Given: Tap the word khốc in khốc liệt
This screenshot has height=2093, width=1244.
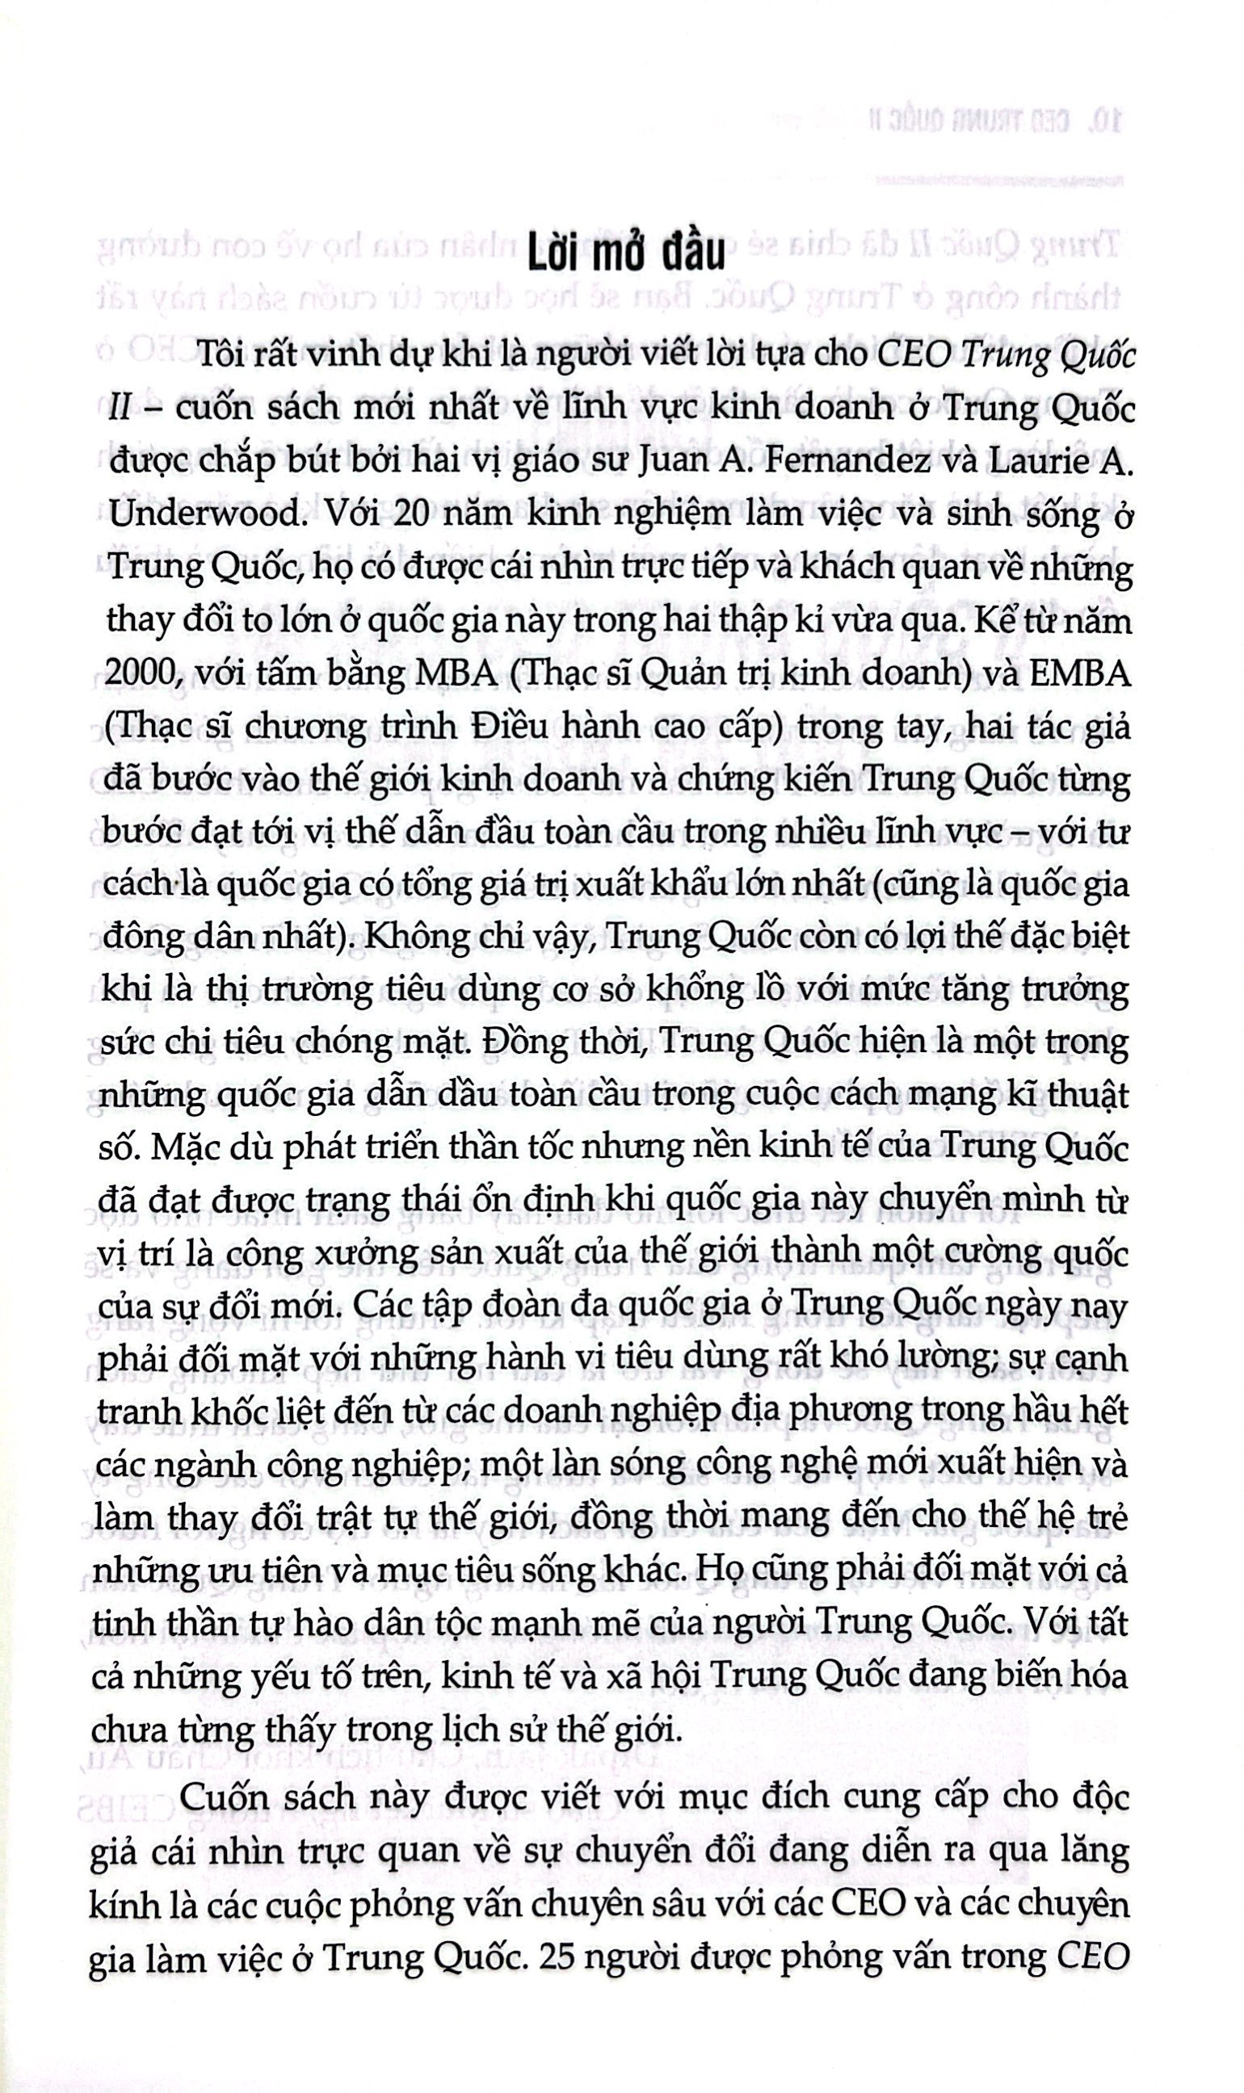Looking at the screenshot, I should [x=209, y=1411].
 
